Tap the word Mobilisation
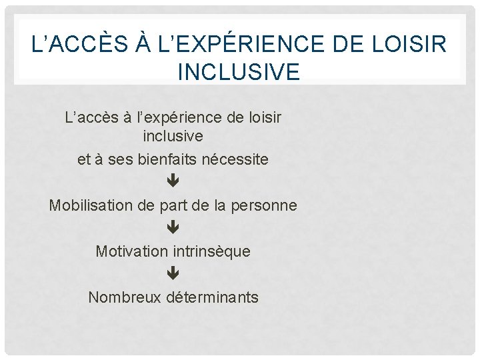(91, 205)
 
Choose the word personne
(264, 205)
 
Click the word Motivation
(133, 251)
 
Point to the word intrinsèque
(212, 251)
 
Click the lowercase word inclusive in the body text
(173, 136)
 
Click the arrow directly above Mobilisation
(173, 181)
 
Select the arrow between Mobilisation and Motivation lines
(173, 227)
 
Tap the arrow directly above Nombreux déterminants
(173, 273)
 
